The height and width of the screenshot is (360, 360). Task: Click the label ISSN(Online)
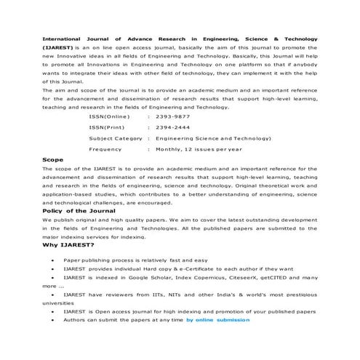tap(109, 116)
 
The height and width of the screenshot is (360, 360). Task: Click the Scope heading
tap(53, 159)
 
